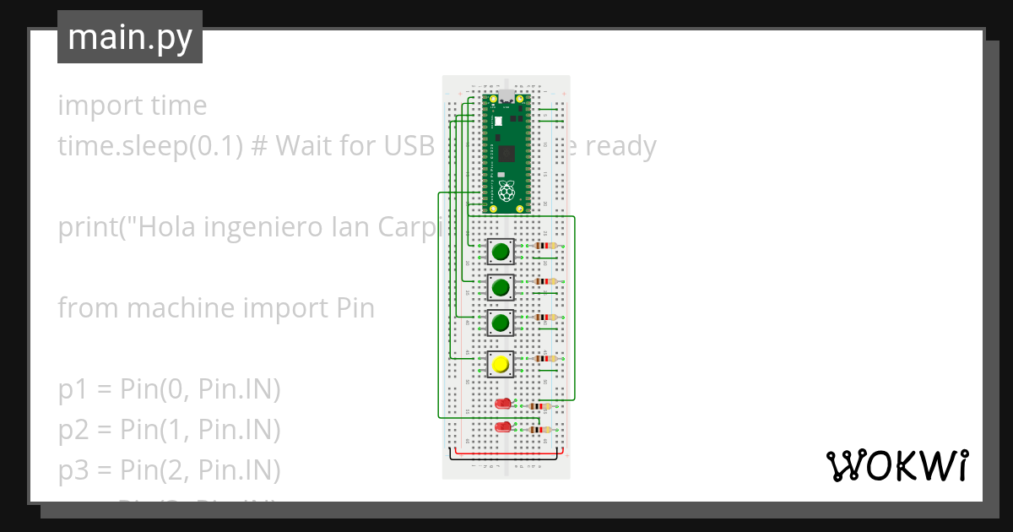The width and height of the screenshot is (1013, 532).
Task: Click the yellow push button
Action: click(501, 364)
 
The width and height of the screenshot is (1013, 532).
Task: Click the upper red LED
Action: click(504, 404)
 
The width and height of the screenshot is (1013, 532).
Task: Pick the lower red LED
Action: click(504, 426)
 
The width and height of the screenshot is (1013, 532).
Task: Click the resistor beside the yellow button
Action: click(547, 358)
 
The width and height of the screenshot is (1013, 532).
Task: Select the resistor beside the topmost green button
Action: click(547, 247)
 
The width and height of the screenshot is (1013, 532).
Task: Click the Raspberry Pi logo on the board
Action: click(506, 191)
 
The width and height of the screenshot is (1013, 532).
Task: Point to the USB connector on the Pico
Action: click(506, 95)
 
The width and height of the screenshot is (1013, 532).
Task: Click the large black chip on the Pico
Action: click(506, 154)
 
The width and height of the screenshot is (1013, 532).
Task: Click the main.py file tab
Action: click(130, 37)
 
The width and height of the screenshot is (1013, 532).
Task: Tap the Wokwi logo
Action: click(897, 465)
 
